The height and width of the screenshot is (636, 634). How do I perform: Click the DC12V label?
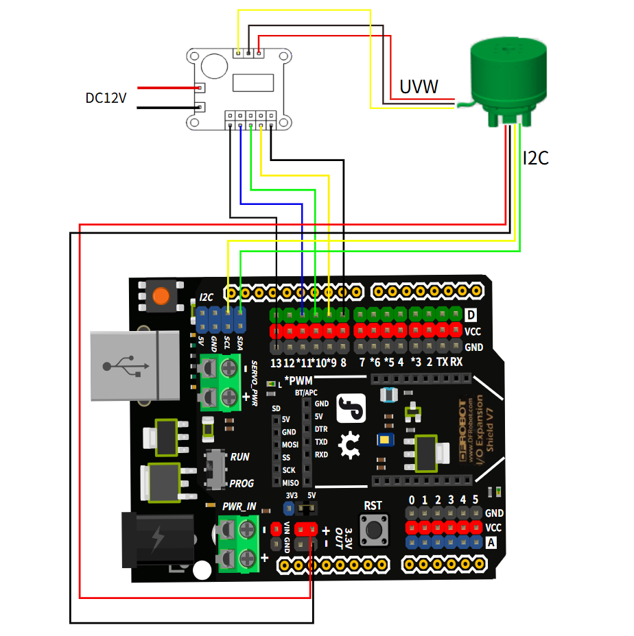(x=106, y=98)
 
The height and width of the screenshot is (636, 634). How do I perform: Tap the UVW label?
(x=419, y=86)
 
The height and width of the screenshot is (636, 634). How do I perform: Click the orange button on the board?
(x=162, y=296)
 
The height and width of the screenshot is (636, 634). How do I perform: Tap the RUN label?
(x=240, y=456)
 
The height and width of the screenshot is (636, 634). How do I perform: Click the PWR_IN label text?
(x=239, y=506)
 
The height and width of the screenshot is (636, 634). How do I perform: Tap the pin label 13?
(x=277, y=363)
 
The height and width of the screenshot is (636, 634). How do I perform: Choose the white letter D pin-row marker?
(x=471, y=315)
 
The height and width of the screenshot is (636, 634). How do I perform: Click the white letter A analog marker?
(x=491, y=543)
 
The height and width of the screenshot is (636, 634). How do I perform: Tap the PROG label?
(x=242, y=483)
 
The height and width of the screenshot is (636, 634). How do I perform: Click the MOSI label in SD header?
(x=290, y=445)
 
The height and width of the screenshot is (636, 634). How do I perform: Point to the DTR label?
(x=321, y=429)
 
